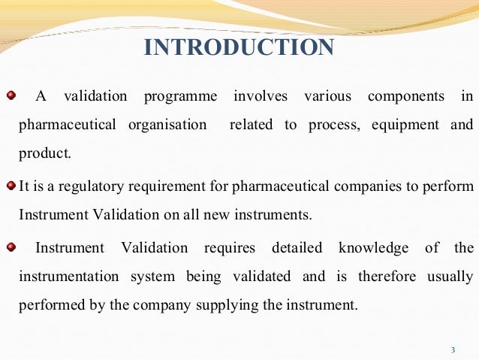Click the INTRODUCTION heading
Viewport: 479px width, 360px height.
pos(239,47)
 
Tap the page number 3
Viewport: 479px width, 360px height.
pos(453,349)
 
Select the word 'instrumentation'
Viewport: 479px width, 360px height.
pos(68,276)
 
